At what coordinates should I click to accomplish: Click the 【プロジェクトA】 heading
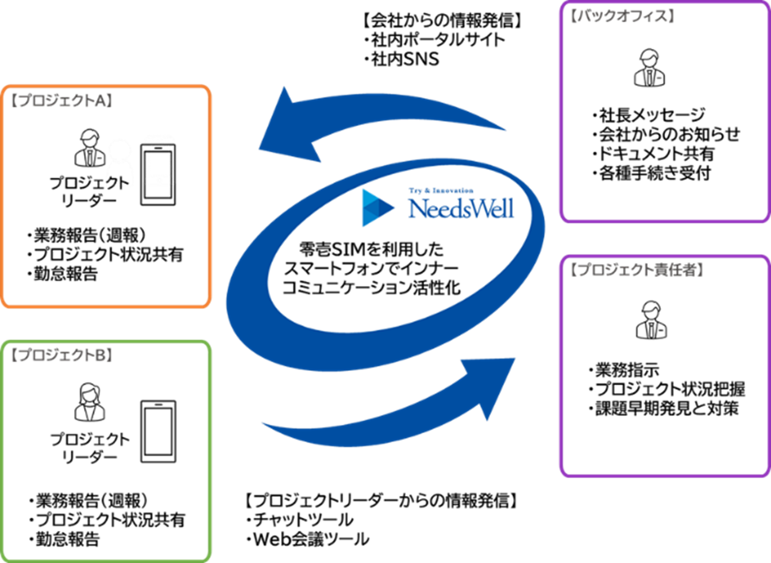(61, 100)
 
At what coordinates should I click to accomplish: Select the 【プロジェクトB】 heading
(61, 355)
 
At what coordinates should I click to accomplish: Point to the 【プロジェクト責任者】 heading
(637, 270)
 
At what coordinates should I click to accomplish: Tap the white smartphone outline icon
(160, 160)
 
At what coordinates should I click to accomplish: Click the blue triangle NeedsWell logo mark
(377, 207)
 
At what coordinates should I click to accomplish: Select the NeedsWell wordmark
(461, 209)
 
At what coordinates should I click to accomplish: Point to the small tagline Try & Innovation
(441, 191)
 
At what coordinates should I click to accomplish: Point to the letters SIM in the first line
(349, 250)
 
